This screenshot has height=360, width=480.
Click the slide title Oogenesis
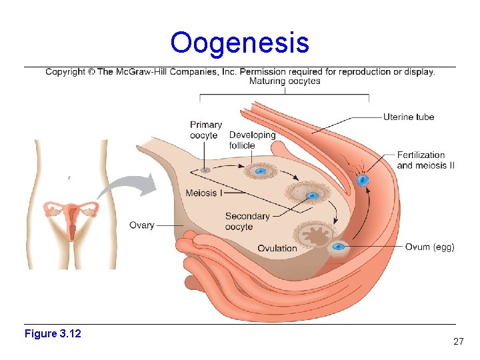point(239,43)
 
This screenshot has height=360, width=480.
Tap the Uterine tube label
point(408,117)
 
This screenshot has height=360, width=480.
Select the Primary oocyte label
point(205,130)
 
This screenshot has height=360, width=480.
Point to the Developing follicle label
point(251,140)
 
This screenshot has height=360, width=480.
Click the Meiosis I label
point(204,193)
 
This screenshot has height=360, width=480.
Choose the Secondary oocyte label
point(247,221)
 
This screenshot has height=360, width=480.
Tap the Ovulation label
point(277,249)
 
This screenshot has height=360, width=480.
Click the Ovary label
point(142,225)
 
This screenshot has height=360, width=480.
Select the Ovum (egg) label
point(429,247)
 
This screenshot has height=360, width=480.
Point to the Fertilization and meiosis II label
point(425,160)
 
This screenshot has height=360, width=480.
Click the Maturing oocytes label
point(285,81)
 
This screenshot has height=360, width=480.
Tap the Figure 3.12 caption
point(53,333)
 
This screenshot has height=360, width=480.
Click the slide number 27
point(458,341)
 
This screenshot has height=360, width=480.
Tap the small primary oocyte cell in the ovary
point(205,170)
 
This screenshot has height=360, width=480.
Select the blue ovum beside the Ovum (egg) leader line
point(339,247)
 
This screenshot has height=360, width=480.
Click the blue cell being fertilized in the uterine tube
point(363,179)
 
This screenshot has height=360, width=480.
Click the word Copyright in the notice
point(65,72)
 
